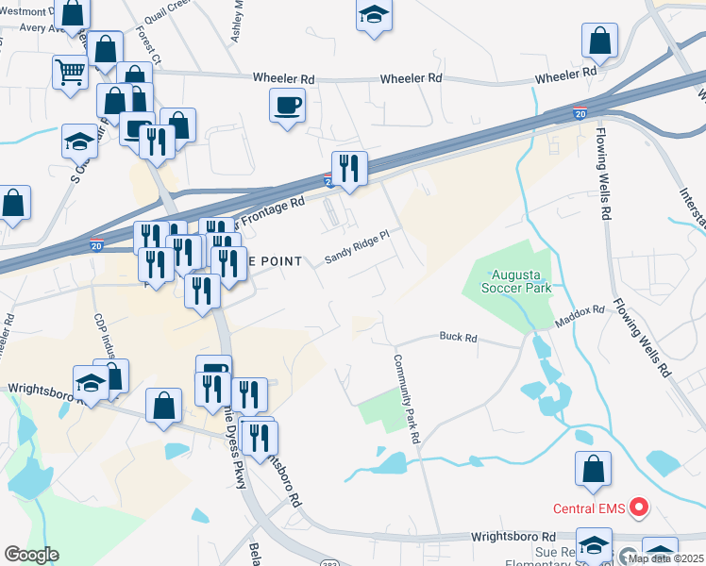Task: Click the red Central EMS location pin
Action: click(x=639, y=507)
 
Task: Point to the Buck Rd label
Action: click(x=459, y=337)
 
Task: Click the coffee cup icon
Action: click(x=287, y=105)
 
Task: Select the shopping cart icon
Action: click(x=70, y=71)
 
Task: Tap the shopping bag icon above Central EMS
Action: click(x=593, y=469)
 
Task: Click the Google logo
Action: click(x=31, y=554)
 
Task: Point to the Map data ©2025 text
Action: click(x=665, y=558)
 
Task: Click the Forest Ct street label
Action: click(x=149, y=43)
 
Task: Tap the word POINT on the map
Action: click(x=276, y=261)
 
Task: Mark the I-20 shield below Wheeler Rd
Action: click(x=579, y=112)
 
